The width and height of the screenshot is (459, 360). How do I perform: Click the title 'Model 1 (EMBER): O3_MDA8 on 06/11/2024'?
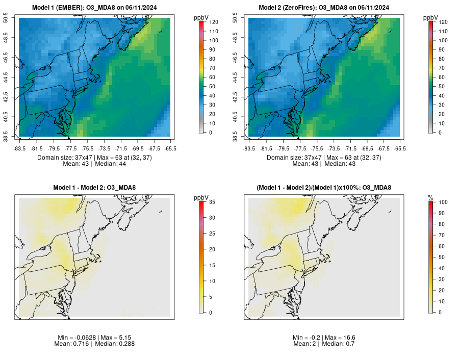click(x=95, y=7)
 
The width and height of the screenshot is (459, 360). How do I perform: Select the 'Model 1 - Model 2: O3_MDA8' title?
click(x=95, y=188)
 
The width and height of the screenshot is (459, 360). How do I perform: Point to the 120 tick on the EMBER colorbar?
click(x=210, y=22)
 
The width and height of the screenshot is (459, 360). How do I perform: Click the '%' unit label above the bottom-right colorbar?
click(x=430, y=197)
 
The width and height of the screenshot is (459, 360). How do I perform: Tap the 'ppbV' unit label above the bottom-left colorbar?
click(x=201, y=197)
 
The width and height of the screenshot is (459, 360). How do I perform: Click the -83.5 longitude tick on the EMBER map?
click(x=19, y=148)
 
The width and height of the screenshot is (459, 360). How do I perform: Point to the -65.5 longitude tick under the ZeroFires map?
click(x=400, y=148)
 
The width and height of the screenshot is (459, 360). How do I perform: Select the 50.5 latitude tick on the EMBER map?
click(x=13, y=18)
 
